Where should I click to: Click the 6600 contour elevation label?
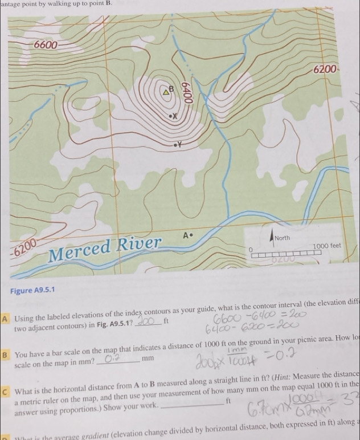coord(46,45)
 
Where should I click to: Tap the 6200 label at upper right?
coord(326,70)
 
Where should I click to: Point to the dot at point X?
coord(170,116)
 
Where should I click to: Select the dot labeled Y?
coord(177,145)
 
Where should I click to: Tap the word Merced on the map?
coord(82,252)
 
